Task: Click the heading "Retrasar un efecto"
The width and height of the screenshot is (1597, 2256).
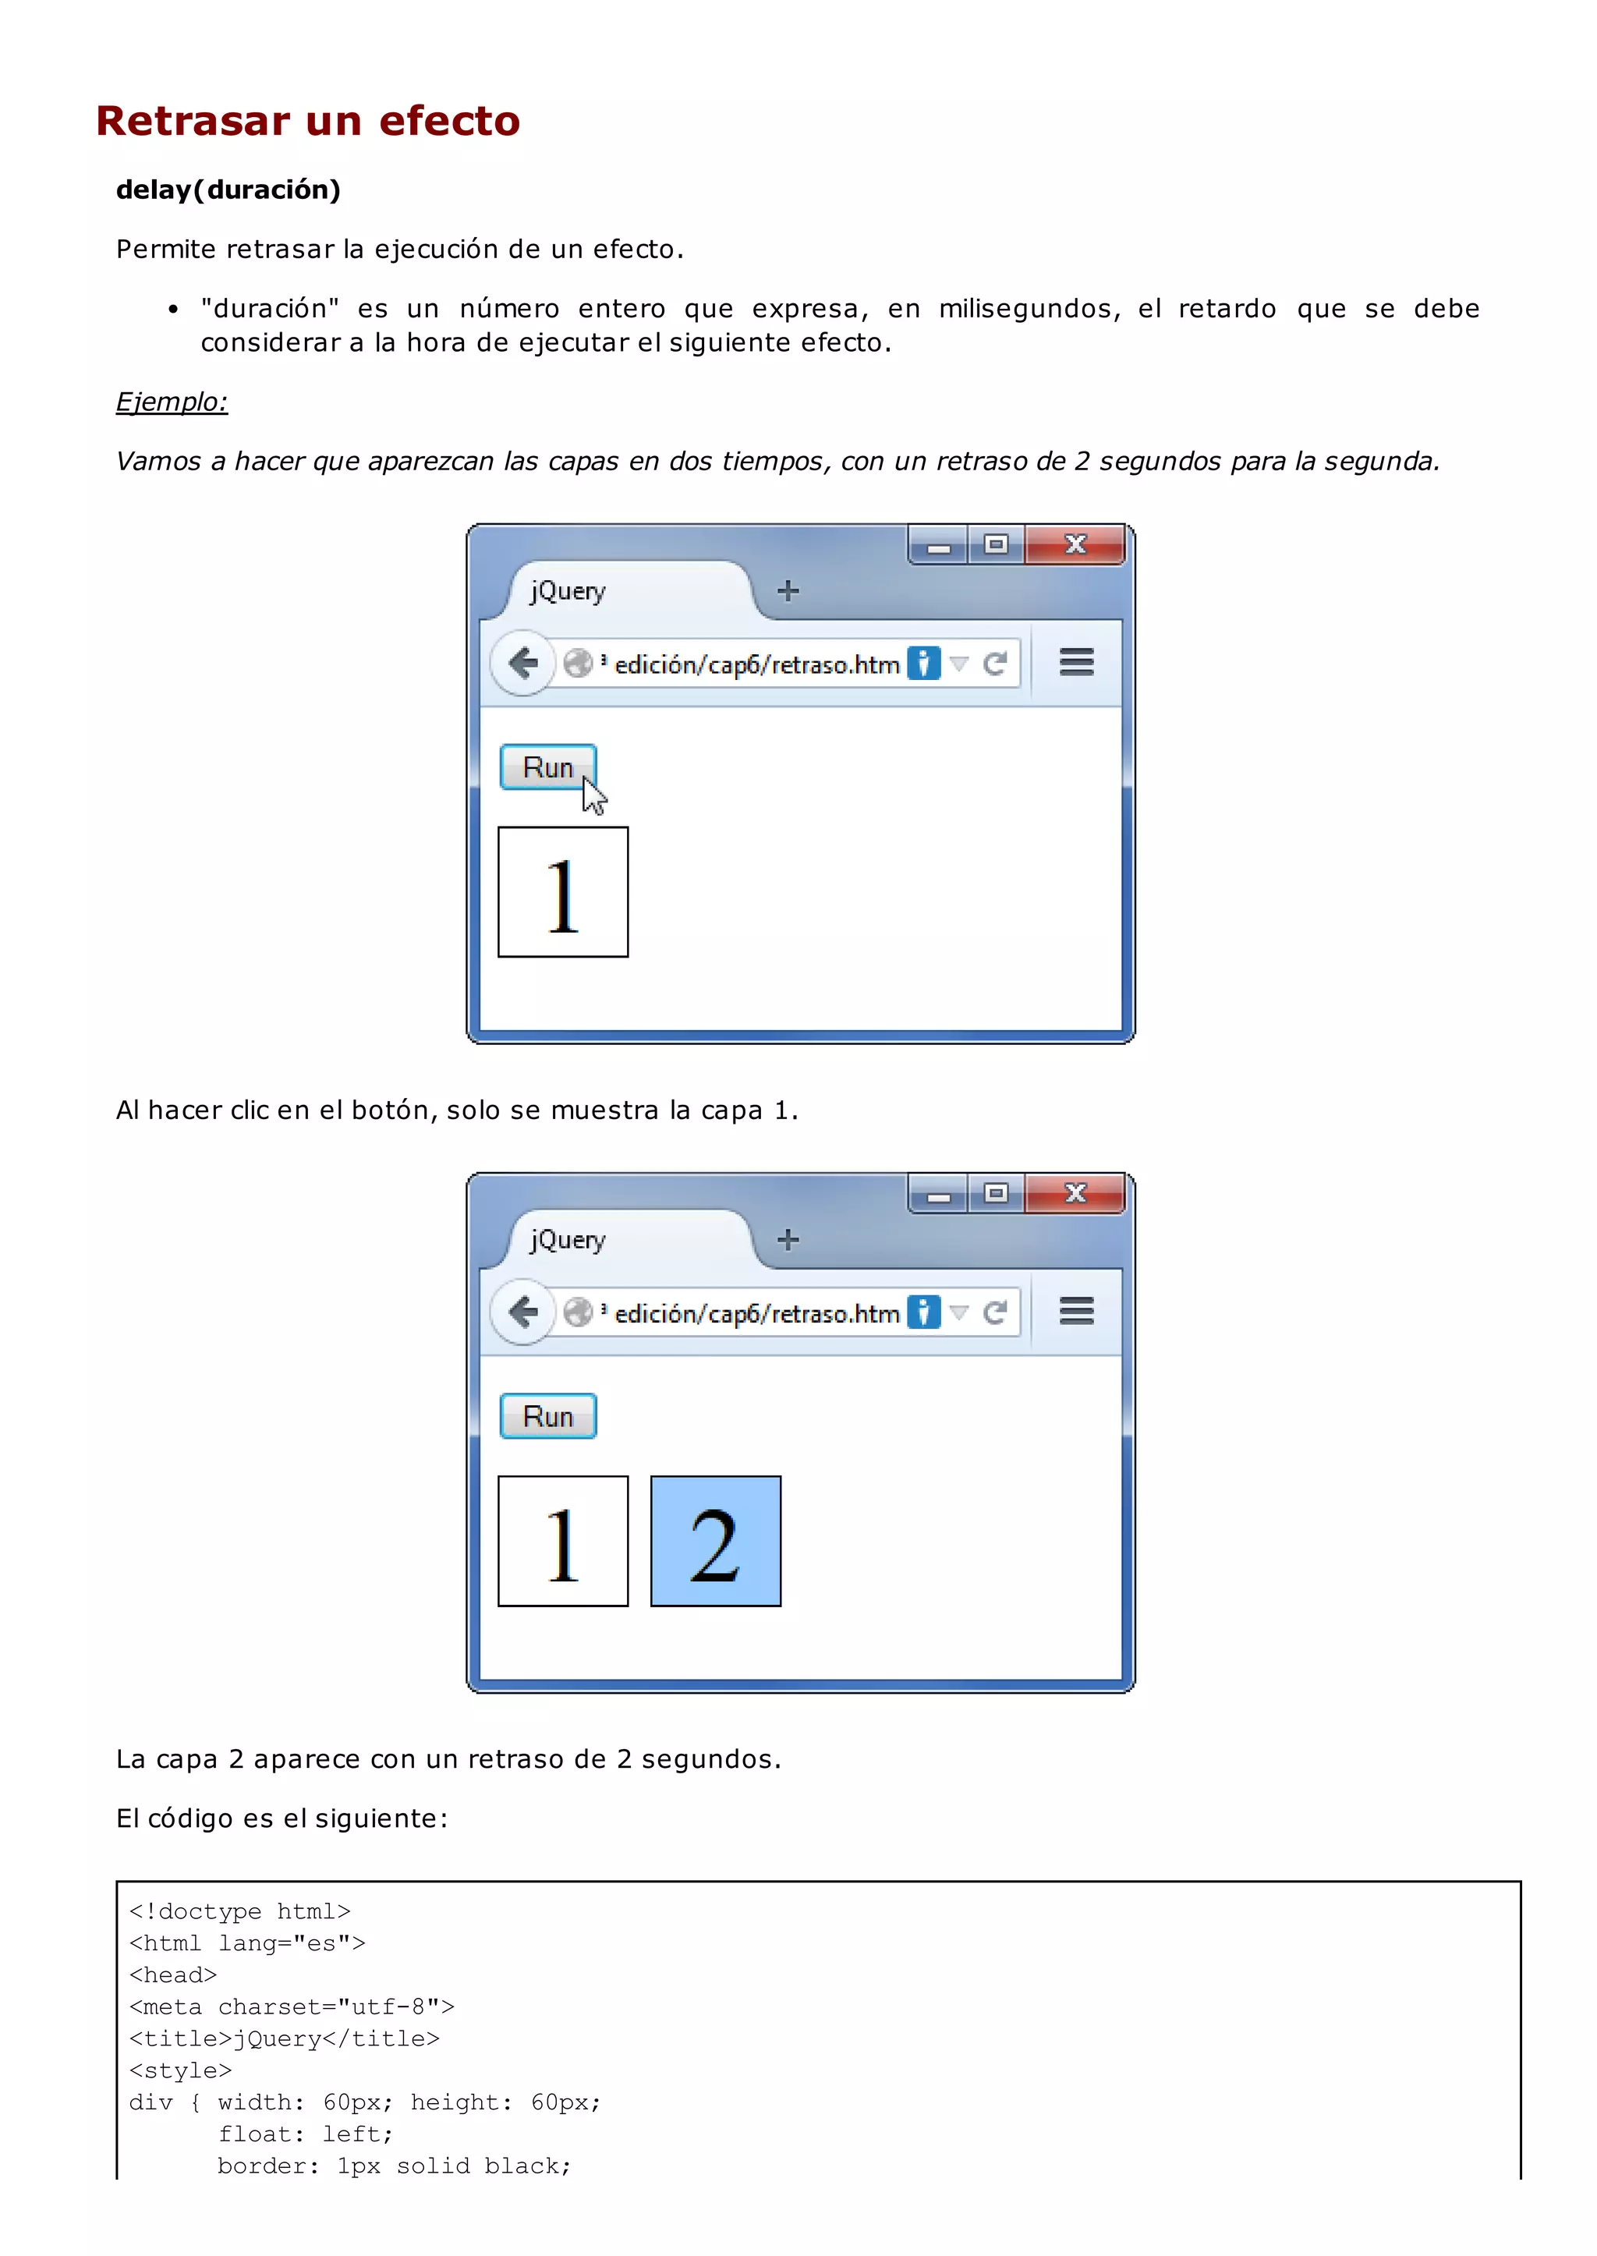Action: tap(308, 121)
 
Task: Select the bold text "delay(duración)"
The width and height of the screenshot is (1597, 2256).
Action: tap(228, 189)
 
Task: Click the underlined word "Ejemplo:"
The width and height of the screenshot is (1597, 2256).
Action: tap(172, 402)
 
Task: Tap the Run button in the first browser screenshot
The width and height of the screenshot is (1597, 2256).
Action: tap(547, 767)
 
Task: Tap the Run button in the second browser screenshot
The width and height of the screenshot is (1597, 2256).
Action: tap(547, 1416)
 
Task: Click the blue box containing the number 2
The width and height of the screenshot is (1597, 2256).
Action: tap(715, 1541)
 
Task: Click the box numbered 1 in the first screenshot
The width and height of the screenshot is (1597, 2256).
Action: tap(562, 892)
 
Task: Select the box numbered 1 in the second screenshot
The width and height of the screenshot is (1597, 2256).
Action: tap(562, 1541)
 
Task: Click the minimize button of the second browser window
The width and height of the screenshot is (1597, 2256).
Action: tap(939, 1195)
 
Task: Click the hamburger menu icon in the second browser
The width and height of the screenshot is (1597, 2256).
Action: tap(1076, 1311)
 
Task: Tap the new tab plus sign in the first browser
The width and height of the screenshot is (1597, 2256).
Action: tap(788, 591)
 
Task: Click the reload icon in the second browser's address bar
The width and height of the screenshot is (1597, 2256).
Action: tap(994, 1312)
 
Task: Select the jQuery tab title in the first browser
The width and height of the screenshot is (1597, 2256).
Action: tap(568, 591)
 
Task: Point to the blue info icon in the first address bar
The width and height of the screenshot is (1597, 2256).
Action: tap(922, 664)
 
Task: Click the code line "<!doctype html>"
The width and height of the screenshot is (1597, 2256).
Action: tap(240, 1911)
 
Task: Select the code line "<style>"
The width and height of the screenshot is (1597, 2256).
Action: tap(181, 2070)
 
